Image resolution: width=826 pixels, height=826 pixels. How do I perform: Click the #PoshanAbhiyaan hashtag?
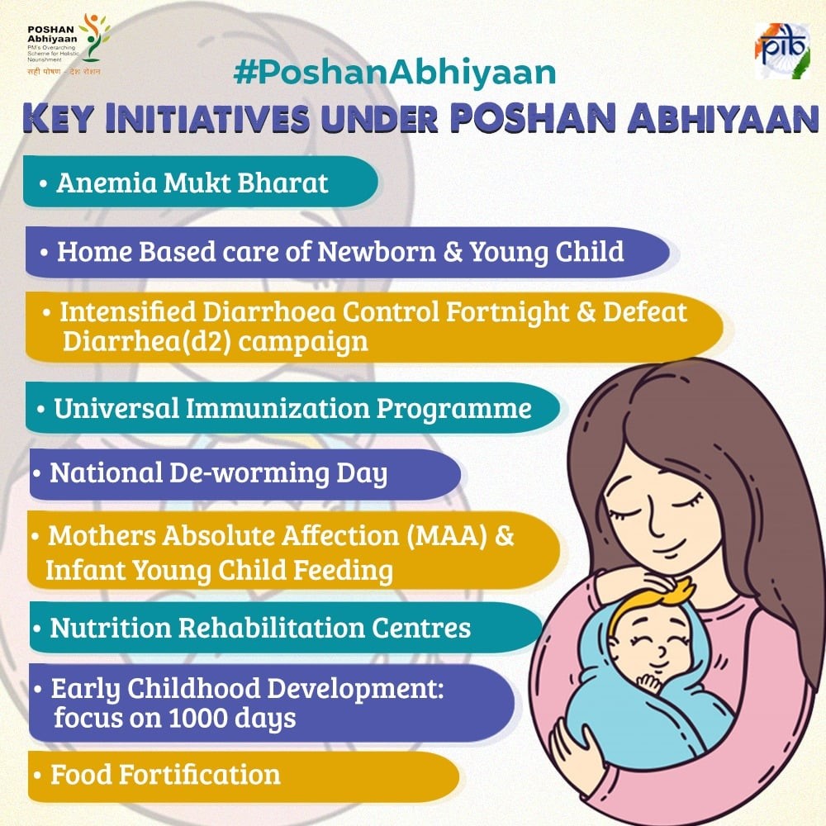[x=395, y=73]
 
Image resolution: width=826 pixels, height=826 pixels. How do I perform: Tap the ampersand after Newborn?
[x=453, y=251]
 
